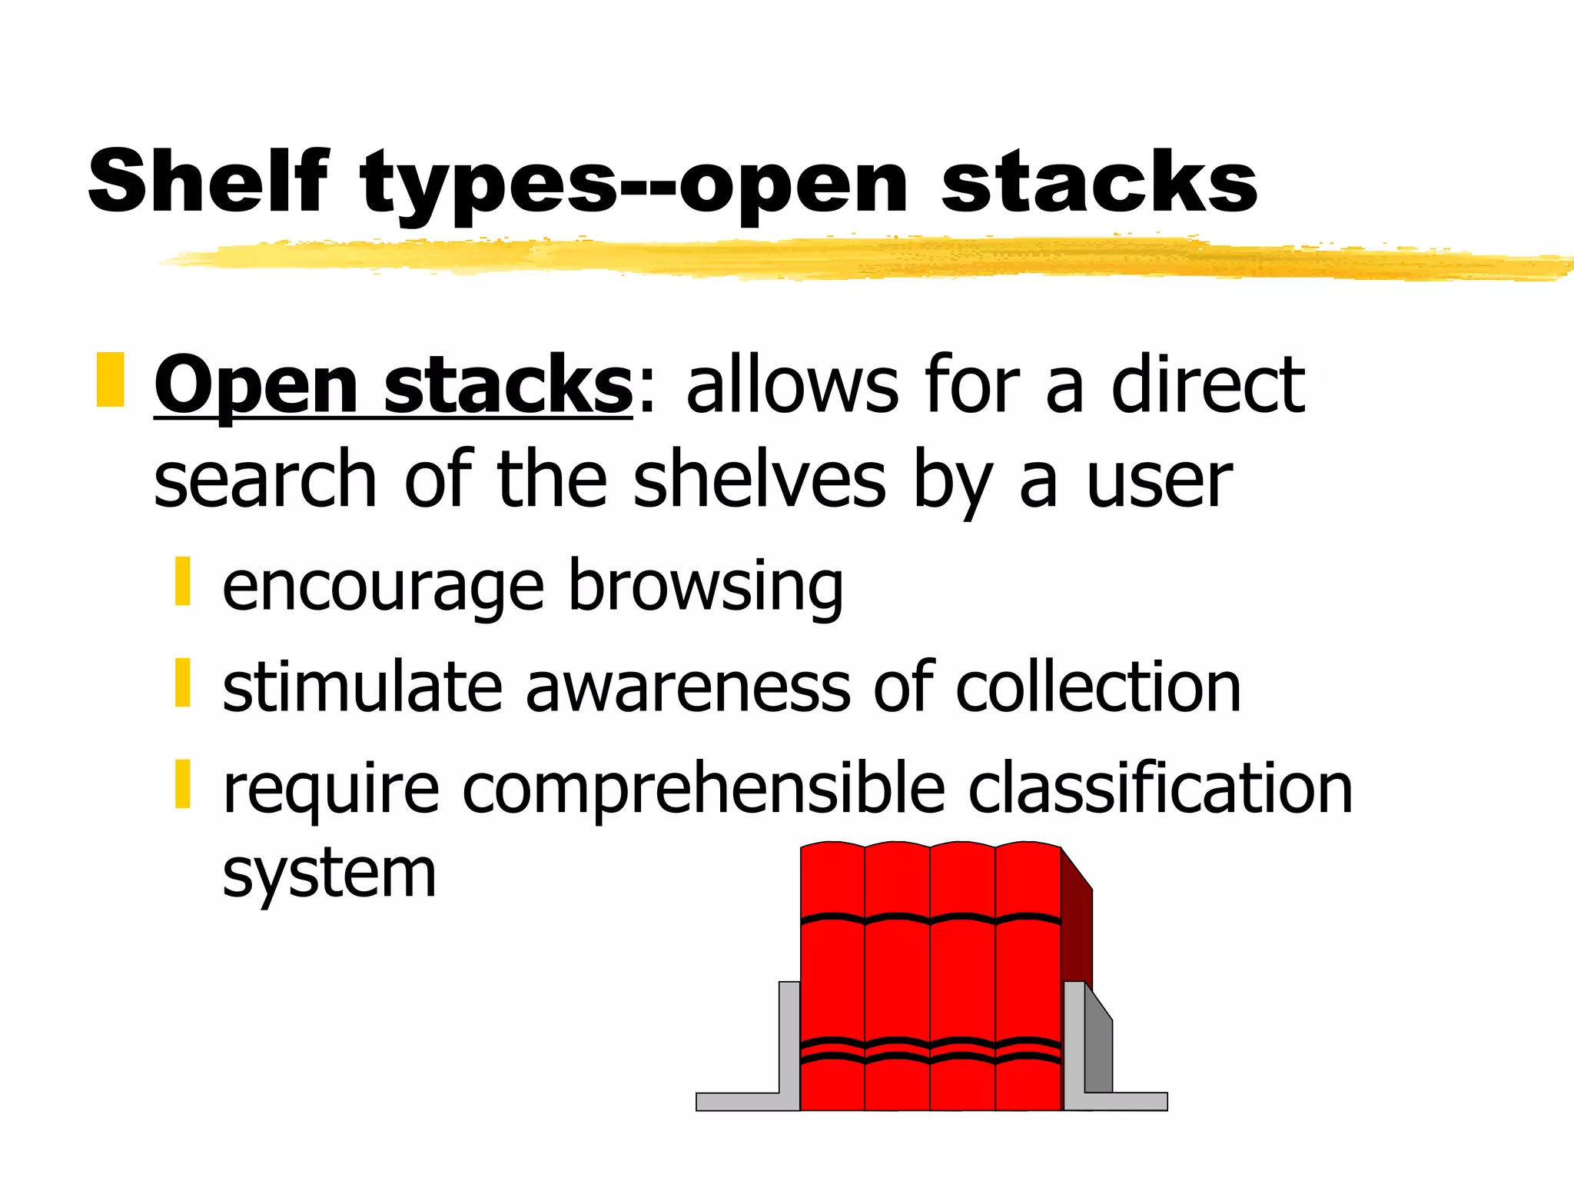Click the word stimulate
[x=362, y=686]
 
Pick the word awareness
[x=689, y=687]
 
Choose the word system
[x=329, y=875]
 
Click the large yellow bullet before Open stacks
[x=110, y=380]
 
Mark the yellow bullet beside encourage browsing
[x=183, y=581]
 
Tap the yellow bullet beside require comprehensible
[x=183, y=784]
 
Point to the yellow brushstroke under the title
[x=845, y=259]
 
